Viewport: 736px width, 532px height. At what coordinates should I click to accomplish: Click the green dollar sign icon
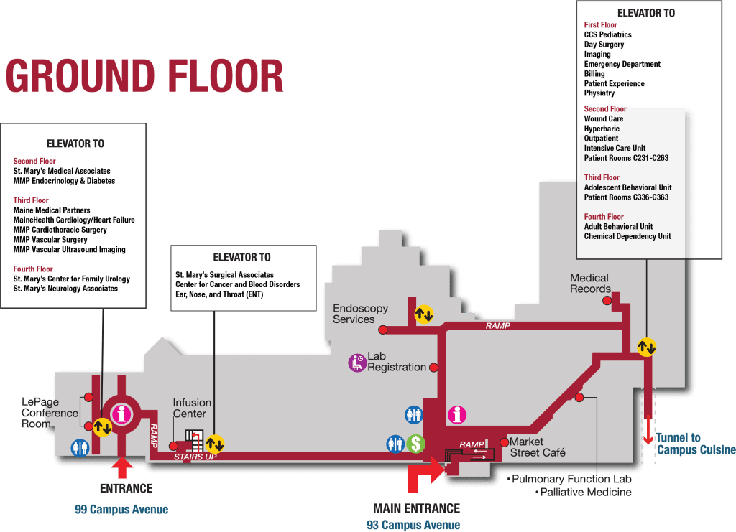pyautogui.click(x=415, y=444)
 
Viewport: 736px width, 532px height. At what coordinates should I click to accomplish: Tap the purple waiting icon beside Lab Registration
pyautogui.click(x=357, y=363)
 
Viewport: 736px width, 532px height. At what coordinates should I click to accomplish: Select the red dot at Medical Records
pyautogui.click(x=607, y=300)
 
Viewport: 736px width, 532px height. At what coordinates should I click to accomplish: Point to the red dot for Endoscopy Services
pyautogui.click(x=383, y=330)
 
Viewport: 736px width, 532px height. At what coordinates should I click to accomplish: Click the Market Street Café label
pyautogui.click(x=538, y=447)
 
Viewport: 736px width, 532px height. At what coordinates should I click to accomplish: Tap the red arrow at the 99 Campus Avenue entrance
pyautogui.click(x=122, y=467)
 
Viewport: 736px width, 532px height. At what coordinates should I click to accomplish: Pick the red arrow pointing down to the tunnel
pyautogui.click(x=648, y=429)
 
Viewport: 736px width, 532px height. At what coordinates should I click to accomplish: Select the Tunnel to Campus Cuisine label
pyautogui.click(x=696, y=444)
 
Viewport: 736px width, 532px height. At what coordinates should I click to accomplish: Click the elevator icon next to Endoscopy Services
pyautogui.click(x=424, y=314)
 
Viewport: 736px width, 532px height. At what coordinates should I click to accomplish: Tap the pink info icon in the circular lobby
pyautogui.click(x=122, y=414)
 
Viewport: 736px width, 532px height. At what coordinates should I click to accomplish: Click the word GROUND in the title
pyautogui.click(x=80, y=76)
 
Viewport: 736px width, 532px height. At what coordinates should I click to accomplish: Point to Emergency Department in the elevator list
pyautogui.click(x=622, y=64)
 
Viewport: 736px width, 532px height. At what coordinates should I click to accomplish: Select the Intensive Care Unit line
pyautogui.click(x=615, y=148)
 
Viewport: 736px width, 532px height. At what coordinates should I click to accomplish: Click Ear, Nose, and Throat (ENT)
pyautogui.click(x=219, y=294)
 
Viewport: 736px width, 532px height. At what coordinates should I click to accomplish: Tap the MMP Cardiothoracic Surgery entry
pyautogui.click(x=60, y=230)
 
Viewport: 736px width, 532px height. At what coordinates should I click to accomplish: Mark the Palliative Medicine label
pyautogui.click(x=584, y=493)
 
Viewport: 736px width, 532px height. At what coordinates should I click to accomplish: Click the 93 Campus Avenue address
pyautogui.click(x=413, y=525)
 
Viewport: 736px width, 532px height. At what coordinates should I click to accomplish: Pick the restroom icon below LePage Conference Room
pyautogui.click(x=80, y=447)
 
